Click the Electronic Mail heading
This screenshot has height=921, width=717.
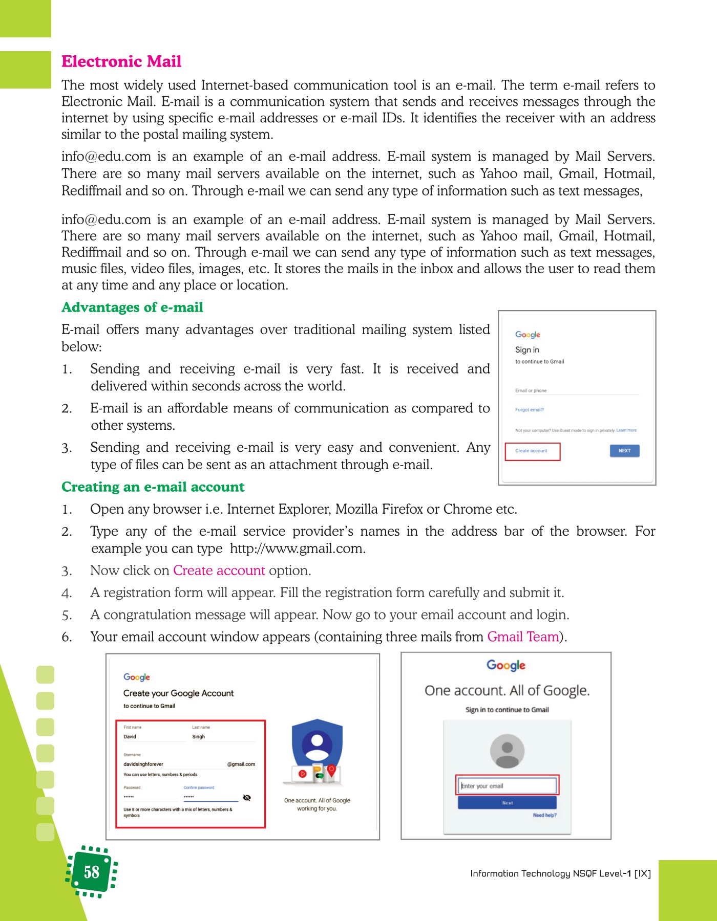(121, 61)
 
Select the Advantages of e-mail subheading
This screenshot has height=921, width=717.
(132, 307)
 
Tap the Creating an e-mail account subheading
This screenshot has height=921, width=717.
(153, 487)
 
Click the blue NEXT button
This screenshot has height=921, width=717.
(624, 451)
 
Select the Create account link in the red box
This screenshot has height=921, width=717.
(532, 451)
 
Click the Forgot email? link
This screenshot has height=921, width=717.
(530, 410)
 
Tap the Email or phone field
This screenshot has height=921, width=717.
(577, 391)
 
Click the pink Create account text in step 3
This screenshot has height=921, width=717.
(219, 571)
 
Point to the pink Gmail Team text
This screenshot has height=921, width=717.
(523, 637)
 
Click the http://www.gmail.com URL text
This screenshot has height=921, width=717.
(297, 549)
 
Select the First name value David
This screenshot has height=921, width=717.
(130, 737)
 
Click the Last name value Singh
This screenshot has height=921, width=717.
(199, 737)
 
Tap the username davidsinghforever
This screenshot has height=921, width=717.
(143, 764)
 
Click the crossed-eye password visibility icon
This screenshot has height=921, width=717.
(247, 798)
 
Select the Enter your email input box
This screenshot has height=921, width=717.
(507, 786)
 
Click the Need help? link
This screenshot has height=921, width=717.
(544, 815)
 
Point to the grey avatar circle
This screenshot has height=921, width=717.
(507, 751)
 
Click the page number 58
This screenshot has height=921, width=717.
(92, 872)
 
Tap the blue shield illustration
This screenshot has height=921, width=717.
(317, 747)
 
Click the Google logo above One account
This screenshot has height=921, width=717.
(506, 665)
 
